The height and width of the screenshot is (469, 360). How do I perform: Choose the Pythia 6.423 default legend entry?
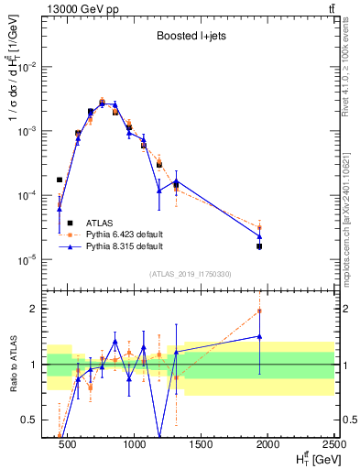click(x=124, y=234)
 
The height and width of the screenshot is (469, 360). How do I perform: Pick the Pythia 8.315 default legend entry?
click(x=124, y=246)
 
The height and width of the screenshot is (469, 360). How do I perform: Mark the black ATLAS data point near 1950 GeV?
click(x=259, y=246)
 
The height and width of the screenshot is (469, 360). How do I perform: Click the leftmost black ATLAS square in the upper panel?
click(x=60, y=180)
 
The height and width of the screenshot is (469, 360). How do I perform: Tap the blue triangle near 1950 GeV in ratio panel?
click(x=259, y=336)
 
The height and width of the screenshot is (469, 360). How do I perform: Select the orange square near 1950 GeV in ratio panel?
click(x=259, y=311)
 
